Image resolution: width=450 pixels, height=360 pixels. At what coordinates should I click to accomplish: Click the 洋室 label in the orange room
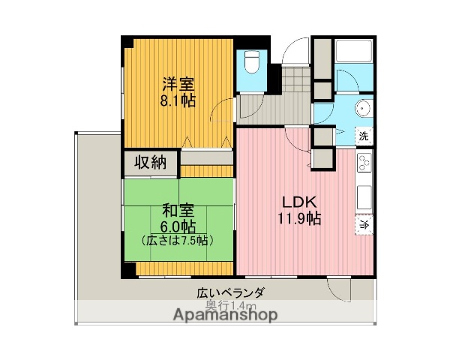pos(178,84)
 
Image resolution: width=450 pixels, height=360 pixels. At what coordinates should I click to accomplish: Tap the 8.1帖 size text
pos(178,100)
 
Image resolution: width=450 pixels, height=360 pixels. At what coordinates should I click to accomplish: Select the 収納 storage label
pos(151,162)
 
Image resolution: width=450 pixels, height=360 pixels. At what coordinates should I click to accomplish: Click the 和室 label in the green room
pos(178,211)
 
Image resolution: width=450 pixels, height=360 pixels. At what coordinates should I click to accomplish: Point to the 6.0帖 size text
pos(178,226)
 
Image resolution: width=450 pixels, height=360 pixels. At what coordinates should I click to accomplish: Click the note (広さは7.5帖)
pos(178,241)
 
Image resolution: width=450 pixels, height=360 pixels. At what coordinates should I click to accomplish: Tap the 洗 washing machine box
pos(364,136)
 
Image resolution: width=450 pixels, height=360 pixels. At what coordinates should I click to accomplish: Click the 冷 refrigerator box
pos(364,223)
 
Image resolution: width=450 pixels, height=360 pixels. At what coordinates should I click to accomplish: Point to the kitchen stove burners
pos(364,164)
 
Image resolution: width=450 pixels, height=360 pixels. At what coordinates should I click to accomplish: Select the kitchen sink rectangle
pos(364,197)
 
